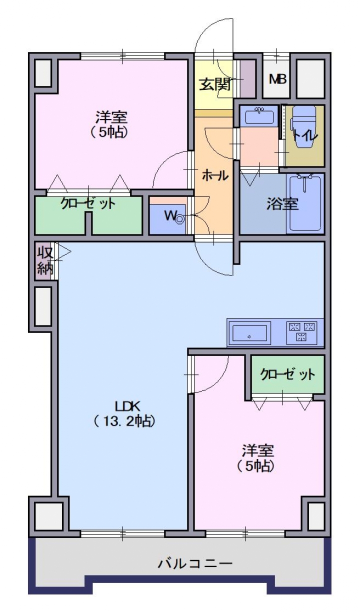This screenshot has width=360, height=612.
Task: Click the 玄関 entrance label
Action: click(x=214, y=84)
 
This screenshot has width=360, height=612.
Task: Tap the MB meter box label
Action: click(x=277, y=79)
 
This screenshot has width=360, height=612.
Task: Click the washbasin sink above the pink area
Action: click(x=259, y=116)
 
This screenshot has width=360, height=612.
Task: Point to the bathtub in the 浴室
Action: click(x=305, y=203)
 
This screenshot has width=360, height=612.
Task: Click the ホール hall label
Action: click(x=215, y=175)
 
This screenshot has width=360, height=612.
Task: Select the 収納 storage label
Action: click(x=45, y=260)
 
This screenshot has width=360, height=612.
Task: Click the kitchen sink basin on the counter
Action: click(x=249, y=333)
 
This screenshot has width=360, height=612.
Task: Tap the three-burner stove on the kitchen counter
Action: click(x=301, y=333)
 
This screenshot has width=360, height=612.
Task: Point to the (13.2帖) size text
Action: click(x=124, y=421)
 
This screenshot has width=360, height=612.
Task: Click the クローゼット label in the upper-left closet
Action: click(x=87, y=203)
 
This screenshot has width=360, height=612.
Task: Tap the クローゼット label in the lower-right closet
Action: click(x=287, y=374)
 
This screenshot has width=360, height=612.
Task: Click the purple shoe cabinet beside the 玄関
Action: click(x=247, y=78)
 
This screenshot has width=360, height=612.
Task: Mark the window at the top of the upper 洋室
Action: click(x=123, y=56)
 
